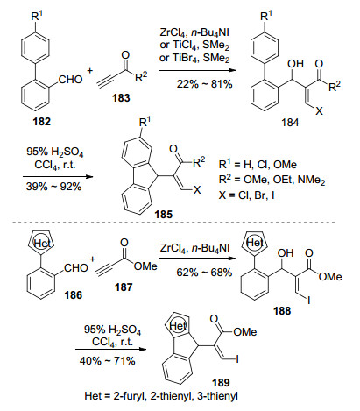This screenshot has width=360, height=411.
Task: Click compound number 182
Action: click(x=41, y=121)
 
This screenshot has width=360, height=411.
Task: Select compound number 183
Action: click(x=121, y=97)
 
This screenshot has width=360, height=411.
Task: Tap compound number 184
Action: click(x=290, y=122)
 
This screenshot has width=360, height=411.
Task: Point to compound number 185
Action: click(x=164, y=215)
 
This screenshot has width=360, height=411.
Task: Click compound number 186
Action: click(x=74, y=295)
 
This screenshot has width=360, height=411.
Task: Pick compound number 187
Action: click(x=124, y=287)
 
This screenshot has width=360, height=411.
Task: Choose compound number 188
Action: click(x=282, y=310)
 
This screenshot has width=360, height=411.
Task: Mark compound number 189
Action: click(x=221, y=382)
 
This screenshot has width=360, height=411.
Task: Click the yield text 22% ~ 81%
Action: click(x=204, y=84)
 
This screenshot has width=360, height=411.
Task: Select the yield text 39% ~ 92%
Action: click(x=54, y=187)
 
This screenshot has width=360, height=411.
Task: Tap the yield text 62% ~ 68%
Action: click(x=204, y=273)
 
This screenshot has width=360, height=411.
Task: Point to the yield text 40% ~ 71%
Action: click(x=107, y=361)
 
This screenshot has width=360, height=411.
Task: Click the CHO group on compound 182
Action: click(x=71, y=80)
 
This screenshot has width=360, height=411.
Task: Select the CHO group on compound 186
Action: click(x=76, y=268)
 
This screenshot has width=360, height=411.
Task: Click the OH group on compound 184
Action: click(x=295, y=64)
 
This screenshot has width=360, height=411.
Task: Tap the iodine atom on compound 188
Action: click(x=308, y=300)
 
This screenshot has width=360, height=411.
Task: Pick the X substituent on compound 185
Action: click(x=197, y=190)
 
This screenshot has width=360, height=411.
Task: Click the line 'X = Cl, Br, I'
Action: click(x=246, y=195)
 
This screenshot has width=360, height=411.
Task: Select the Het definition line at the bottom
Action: click(x=161, y=396)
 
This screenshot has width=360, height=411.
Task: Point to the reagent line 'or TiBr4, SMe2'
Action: click(x=194, y=58)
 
